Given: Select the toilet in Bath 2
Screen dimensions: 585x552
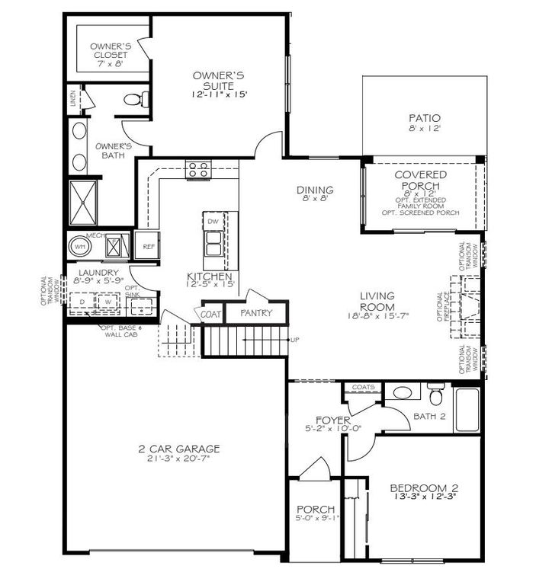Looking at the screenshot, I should (435, 395).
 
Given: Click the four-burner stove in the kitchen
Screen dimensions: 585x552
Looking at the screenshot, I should (198, 169).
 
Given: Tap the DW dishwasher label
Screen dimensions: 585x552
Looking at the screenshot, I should (213, 221).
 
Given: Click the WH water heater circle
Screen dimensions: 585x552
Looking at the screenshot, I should (80, 247).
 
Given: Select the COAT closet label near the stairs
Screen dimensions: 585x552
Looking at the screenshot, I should (210, 313).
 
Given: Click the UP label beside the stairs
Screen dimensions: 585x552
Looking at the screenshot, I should (294, 340).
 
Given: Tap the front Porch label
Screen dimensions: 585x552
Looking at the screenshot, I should (316, 510).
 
